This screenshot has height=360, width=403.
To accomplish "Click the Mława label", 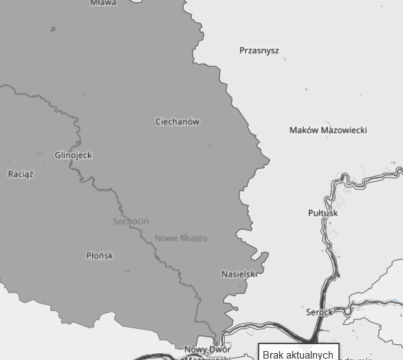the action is pyautogui.click(x=103, y=3).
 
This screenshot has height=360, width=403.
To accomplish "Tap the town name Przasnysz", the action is pyautogui.click(x=259, y=50).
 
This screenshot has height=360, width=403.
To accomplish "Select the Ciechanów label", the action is pyautogui.click(x=177, y=122).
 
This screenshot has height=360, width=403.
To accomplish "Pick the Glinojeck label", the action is pyautogui.click(x=73, y=155).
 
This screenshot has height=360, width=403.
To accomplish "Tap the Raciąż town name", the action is pyautogui.click(x=21, y=174).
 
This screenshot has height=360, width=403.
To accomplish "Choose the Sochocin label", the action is pyautogui.click(x=131, y=221).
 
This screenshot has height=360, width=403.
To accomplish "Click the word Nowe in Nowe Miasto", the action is pyautogui.click(x=166, y=238).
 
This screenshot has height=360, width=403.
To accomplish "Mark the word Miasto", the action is pyautogui.click(x=193, y=238).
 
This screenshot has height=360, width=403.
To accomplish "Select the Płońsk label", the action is pyautogui.click(x=100, y=255).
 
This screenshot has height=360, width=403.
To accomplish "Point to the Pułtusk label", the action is pyautogui.click(x=323, y=213).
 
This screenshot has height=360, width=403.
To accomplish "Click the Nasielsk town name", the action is pyautogui.click(x=239, y=274).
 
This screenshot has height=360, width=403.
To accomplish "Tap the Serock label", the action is pyautogui.click(x=319, y=312).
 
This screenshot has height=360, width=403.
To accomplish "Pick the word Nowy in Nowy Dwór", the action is pyautogui.click(x=195, y=350).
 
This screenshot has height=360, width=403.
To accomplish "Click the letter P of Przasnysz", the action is pyautogui.click(x=242, y=50).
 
